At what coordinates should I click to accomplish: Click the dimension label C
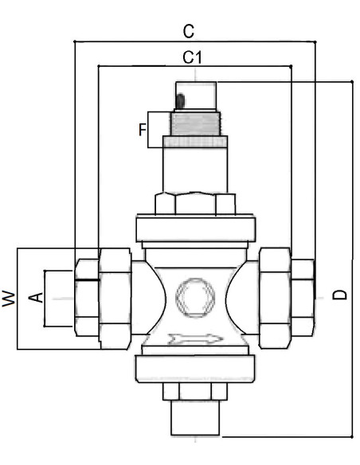pos(189,31)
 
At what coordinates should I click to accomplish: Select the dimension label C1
pos(192,57)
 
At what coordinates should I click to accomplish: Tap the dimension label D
pos(339,295)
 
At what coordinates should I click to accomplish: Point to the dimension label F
pos(143,130)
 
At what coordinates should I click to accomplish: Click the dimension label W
pos(9,299)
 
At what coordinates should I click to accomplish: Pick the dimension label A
pos(36,298)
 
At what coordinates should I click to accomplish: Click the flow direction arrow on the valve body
pos(195,338)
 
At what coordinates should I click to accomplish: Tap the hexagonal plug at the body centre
pos(195,298)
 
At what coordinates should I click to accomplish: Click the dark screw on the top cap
pos(180,101)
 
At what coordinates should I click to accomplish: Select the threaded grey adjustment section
pos(195,123)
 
